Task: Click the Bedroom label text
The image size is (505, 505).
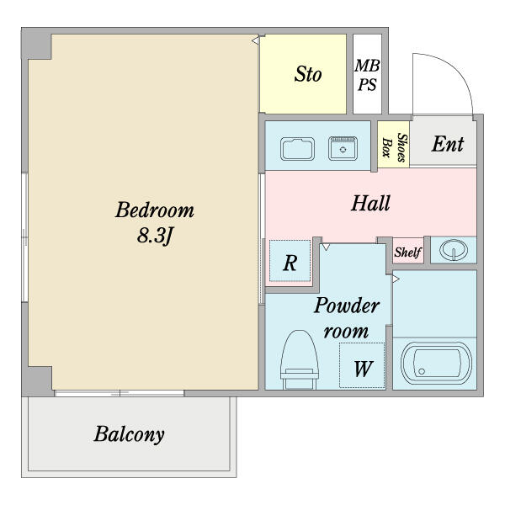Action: coord(155,210)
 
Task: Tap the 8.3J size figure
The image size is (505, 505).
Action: coord(155,236)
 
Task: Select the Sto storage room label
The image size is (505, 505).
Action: coord(308,74)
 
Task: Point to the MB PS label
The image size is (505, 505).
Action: coord(367,75)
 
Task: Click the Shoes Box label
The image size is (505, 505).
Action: coord(394,147)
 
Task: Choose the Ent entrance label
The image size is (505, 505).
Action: coord(448,144)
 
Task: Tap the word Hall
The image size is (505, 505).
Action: coord(370,203)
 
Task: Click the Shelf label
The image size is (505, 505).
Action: coord(407,252)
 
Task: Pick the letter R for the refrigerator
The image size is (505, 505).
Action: coord(290,263)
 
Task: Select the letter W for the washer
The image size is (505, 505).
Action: coord(364,369)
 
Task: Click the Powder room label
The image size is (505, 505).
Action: coord(347,318)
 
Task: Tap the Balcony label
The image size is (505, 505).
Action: coord(129,434)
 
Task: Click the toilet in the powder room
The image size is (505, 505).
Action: coord(299,359)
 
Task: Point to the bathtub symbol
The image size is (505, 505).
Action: coord(436,363)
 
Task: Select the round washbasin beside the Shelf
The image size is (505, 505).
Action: coord(454,250)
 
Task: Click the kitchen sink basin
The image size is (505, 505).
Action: coord(297,149)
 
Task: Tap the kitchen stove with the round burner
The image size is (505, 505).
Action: coord(343,148)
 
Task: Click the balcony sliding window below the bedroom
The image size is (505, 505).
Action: coord(120,393)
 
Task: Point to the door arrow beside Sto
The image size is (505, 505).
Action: coord(256,41)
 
